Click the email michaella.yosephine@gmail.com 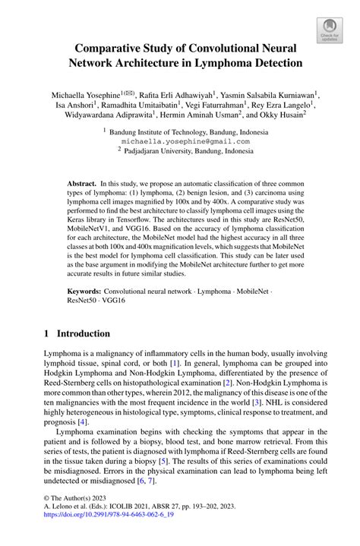179,140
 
